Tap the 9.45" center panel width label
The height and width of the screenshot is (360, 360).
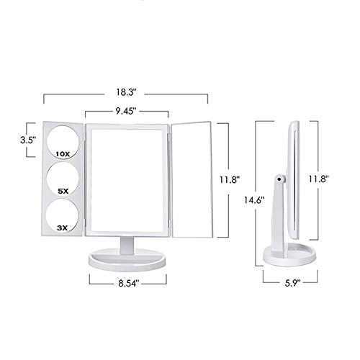coord(126,111)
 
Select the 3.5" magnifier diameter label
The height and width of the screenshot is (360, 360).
coord(28,140)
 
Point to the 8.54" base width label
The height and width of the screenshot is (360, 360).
coord(129,283)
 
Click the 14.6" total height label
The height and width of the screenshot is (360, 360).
coord(254,199)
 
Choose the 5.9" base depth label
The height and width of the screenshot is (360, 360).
coord(292,283)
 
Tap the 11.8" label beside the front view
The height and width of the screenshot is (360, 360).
coord(230,179)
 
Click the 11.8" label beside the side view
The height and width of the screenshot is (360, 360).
coord(318,179)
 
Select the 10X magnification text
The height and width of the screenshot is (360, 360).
coord(63,154)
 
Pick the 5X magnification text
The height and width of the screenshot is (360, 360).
coord(63,191)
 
